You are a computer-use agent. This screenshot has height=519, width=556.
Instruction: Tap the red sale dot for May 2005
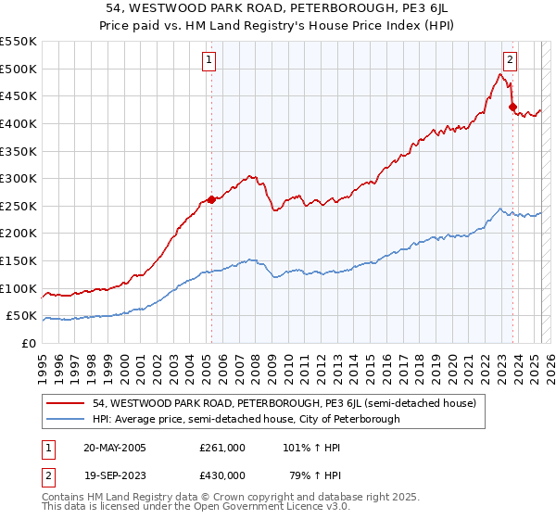tap(211, 199)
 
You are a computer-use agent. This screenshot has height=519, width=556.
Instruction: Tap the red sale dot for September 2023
tap(512, 108)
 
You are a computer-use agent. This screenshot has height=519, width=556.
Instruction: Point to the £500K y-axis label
tap(19, 69)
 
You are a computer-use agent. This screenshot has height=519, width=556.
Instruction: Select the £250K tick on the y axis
tap(19, 206)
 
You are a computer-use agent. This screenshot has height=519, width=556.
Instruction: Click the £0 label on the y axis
tap(30, 343)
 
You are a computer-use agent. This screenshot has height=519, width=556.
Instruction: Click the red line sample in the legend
tap(67, 403)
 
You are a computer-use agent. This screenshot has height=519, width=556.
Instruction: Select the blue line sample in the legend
tap(67, 419)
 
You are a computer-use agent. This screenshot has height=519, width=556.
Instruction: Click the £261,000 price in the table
tap(222, 447)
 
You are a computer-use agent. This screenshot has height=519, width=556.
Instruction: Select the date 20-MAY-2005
tap(115, 447)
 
